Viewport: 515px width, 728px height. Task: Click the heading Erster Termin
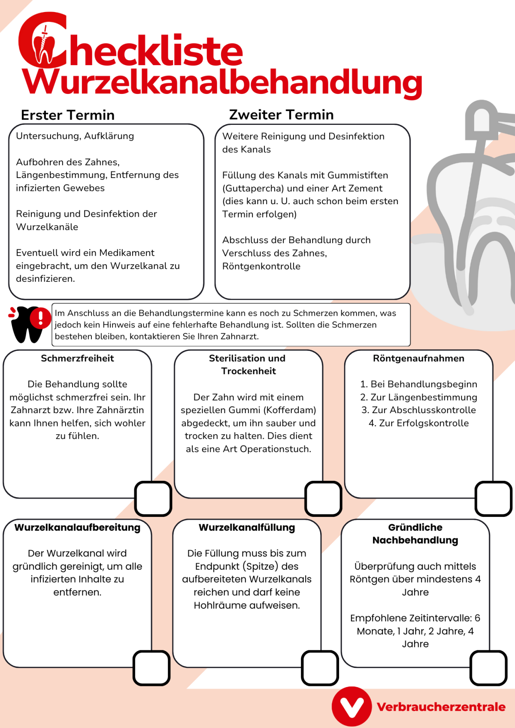[68, 115]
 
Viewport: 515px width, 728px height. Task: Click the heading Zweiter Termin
[281, 115]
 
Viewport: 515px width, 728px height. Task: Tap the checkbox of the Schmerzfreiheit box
[153, 498]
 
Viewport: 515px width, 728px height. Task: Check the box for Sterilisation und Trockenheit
[323, 498]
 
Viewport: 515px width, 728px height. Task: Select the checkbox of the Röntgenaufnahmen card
[494, 498]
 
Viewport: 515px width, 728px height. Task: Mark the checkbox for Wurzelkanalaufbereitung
[151, 668]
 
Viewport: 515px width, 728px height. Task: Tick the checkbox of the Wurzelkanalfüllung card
[320, 668]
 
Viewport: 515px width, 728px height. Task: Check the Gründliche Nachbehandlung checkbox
[489, 668]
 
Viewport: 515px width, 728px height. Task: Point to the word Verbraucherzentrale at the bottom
[441, 707]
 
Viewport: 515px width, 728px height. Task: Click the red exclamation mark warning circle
[41, 318]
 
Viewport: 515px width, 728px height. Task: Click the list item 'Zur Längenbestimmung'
[418, 397]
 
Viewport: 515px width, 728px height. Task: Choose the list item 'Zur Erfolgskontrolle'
[418, 423]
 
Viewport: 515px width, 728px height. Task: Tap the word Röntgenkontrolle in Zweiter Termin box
[261, 266]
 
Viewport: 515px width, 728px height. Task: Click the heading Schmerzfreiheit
[77, 358]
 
